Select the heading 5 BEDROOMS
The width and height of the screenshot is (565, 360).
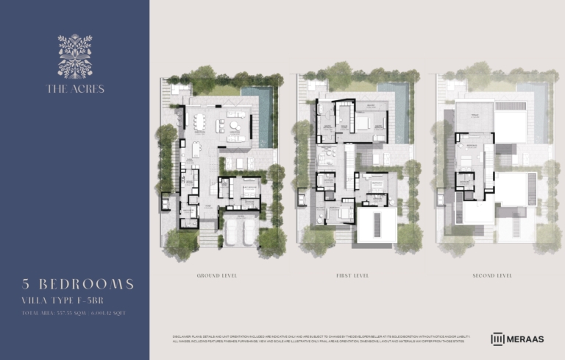point(78,284)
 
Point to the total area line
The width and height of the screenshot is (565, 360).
point(74,314)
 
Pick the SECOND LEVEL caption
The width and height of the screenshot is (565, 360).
point(492,275)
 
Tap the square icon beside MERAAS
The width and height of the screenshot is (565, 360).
point(498,339)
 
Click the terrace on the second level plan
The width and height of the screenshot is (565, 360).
point(474,118)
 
